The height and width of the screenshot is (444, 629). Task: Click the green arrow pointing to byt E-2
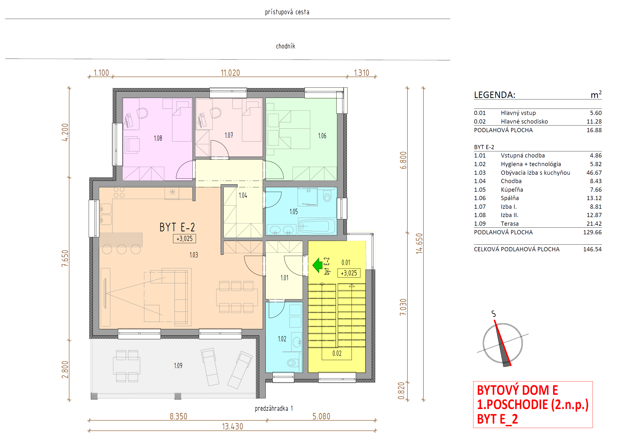coord(317,265)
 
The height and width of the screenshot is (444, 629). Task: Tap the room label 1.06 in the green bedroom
coord(322,136)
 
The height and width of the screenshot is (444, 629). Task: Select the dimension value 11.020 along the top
coord(230,73)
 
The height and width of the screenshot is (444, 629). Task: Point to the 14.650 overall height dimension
coord(419,243)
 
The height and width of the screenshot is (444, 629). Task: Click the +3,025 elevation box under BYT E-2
coord(184,238)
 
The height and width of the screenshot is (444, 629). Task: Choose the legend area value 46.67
coord(594,173)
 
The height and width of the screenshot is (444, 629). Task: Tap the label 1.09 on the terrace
coord(178,365)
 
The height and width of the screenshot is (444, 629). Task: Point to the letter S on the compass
coord(493,314)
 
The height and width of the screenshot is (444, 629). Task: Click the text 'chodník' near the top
coord(286,46)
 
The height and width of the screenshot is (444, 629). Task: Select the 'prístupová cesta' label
coord(287,12)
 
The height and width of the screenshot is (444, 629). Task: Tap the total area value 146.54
coord(592,249)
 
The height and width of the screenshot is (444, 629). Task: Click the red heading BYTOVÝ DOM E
coord(517,390)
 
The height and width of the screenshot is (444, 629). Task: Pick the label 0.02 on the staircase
coord(337,353)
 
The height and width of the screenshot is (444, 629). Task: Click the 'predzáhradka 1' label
coord(274,409)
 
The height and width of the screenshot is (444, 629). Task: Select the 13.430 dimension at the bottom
coord(232,427)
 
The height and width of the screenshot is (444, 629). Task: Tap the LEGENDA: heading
coord(495,95)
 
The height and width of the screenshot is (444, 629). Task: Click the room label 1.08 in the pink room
coord(158,138)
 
